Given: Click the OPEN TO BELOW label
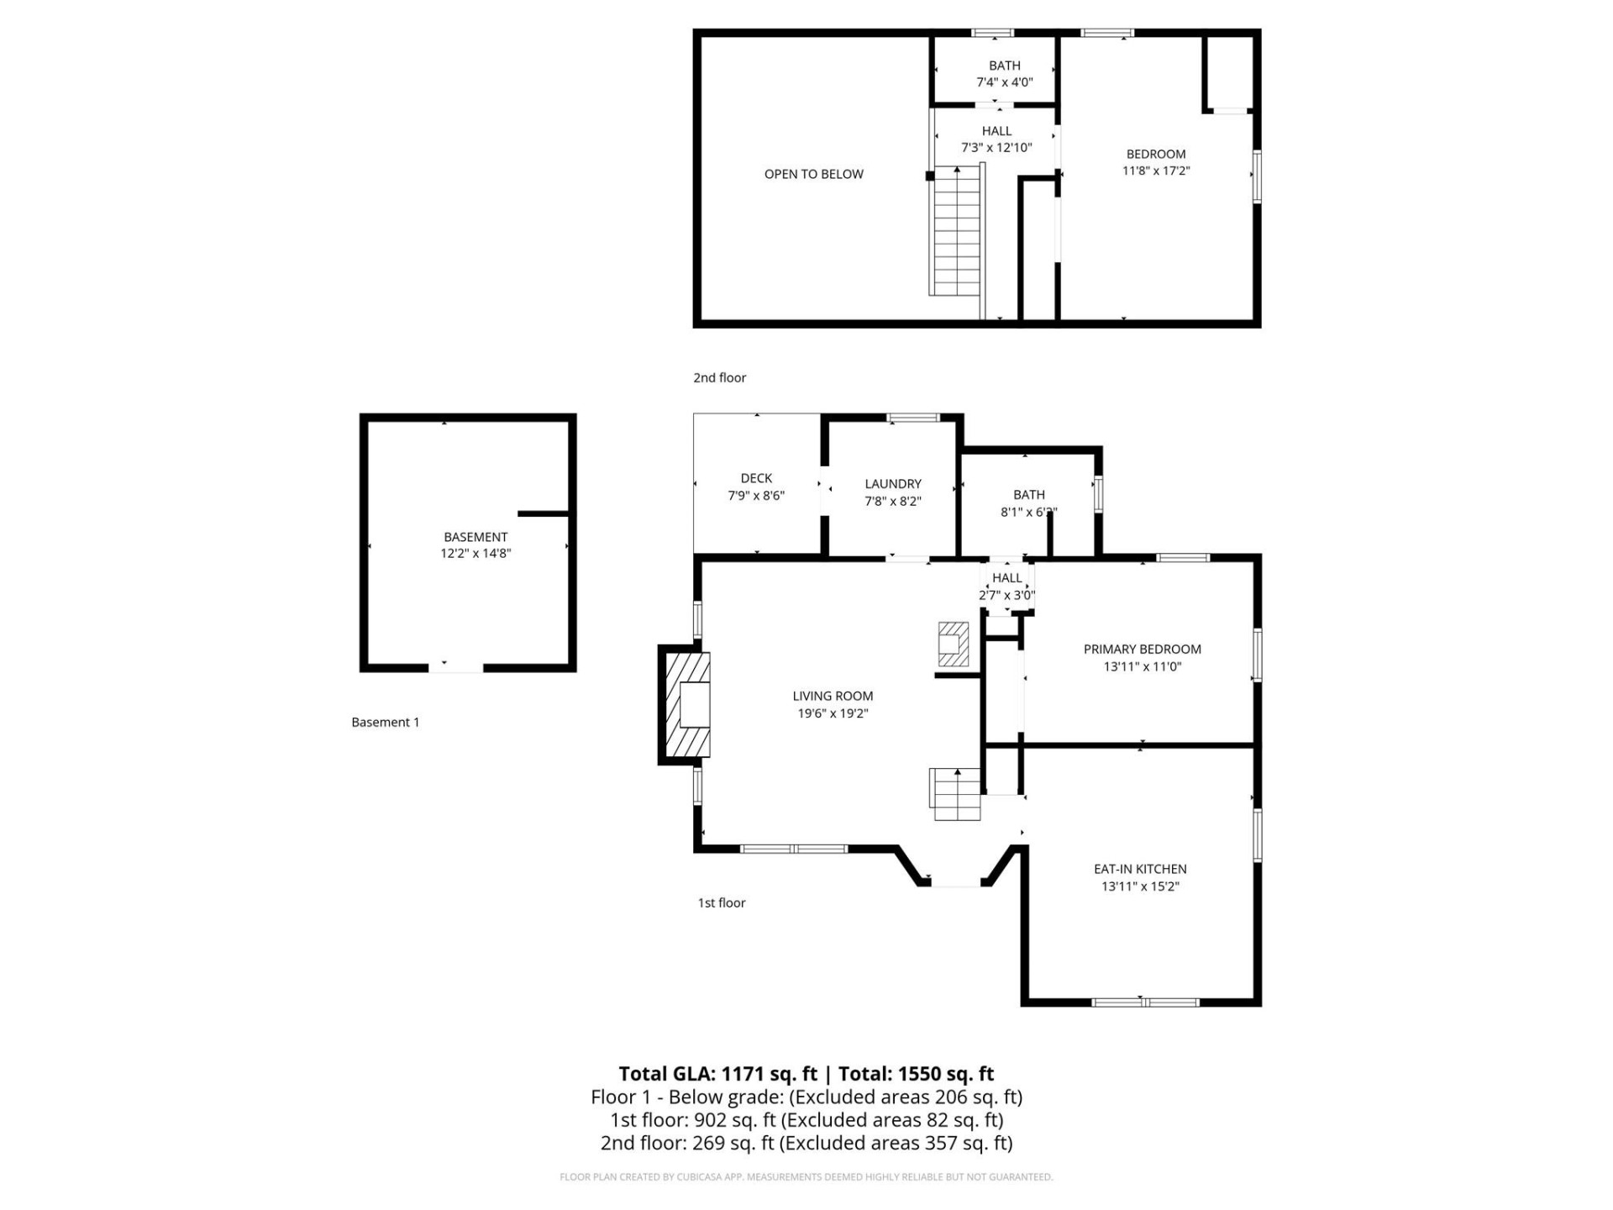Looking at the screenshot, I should [813, 174].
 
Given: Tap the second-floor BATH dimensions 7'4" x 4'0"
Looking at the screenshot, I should [1004, 82].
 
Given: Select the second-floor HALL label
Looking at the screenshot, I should [996, 131].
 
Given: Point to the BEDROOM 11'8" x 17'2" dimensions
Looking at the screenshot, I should [1156, 171].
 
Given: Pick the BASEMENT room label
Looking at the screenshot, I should [475, 537].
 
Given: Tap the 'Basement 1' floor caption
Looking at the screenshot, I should [385, 722].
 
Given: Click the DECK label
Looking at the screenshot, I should [756, 478].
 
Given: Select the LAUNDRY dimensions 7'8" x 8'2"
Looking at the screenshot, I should [893, 501].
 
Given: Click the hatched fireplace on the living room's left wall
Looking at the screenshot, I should [687, 705].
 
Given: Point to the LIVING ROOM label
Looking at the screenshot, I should [833, 696].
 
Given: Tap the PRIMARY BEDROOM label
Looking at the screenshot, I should [1142, 649].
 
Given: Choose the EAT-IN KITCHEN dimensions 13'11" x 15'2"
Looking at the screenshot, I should [1140, 886].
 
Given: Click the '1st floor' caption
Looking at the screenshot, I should [722, 902].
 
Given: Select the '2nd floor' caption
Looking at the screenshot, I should [719, 377].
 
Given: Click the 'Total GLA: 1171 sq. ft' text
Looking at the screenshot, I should [717, 1073].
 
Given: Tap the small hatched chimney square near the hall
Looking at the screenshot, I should [953, 644].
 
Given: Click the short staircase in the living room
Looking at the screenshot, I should [955, 794].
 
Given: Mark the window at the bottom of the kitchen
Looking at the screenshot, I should [1145, 1002].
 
